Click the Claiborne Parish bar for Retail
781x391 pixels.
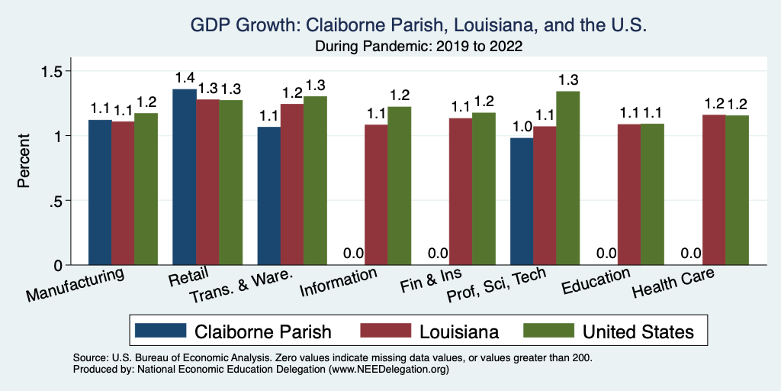[x=185, y=177]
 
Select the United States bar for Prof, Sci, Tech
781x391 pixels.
[x=568, y=178]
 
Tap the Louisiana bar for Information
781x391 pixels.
[x=376, y=195]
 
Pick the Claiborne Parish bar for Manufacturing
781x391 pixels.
[x=100, y=192]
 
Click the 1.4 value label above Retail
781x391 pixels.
[x=185, y=78]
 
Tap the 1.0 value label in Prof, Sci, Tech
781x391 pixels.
[x=522, y=127]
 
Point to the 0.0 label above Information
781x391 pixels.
[x=353, y=254]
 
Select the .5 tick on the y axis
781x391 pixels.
[x=65, y=201]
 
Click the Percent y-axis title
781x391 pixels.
[x=24, y=161]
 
